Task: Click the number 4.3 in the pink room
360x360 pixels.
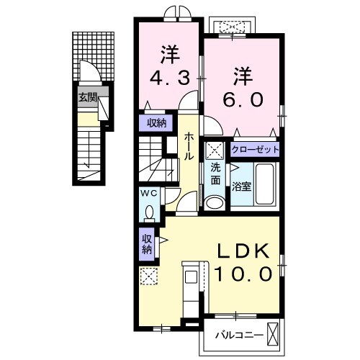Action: tap(170, 76)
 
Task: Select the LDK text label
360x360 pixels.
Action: tap(244, 251)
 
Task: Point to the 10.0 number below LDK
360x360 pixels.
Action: tap(244, 274)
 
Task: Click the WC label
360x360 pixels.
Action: tap(148, 193)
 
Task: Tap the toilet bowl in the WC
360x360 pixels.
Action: tap(149, 213)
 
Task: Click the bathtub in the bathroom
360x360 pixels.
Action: tap(266, 186)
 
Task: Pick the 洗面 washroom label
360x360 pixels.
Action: tap(215, 173)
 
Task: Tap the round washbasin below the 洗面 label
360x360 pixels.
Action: tap(215, 202)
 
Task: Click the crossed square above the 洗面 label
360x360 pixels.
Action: tap(215, 151)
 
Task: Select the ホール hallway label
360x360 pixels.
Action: tap(188, 145)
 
